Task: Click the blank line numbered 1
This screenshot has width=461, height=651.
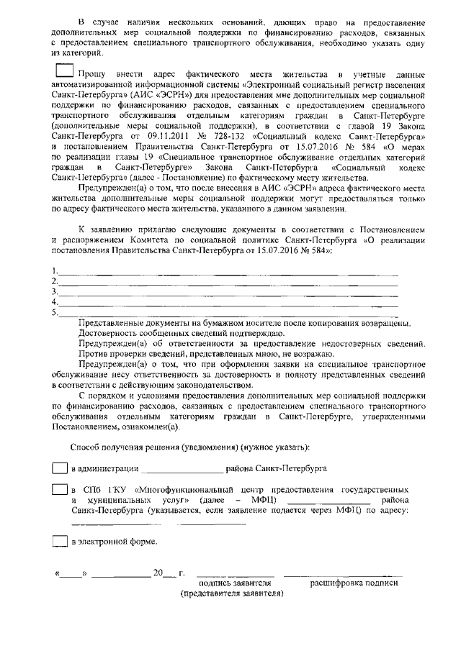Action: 227,273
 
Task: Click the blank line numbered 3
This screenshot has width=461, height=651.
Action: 227,293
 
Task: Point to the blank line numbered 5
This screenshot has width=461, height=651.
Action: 227,314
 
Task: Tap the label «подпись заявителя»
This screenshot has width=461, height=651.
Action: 234,583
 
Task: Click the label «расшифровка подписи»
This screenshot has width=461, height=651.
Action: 354,583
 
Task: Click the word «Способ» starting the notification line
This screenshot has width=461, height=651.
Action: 85,447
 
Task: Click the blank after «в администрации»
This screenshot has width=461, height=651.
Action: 182,469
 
